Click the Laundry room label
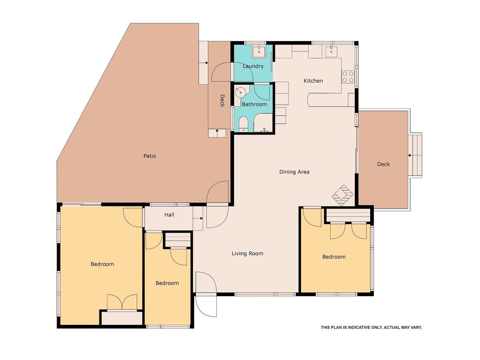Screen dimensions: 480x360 [253, 66]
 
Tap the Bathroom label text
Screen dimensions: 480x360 [254, 104]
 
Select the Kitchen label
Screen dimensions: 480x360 [313, 81]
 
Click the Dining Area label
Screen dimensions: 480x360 [294, 172]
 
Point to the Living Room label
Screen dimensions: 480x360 [247, 253]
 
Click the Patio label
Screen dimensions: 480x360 [150, 156]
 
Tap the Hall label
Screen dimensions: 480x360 [169, 215]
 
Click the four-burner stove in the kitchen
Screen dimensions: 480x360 [348, 76]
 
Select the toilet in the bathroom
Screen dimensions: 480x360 [244, 124]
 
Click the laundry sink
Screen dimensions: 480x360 [259, 51]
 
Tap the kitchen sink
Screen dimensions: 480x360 [331, 51]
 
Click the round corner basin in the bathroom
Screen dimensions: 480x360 [241, 91]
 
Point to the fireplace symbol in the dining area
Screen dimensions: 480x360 [343, 195]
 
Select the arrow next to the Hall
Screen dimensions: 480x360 [198, 218]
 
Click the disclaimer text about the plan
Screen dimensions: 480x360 [371, 328]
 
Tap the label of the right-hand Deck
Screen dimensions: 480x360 [383, 164]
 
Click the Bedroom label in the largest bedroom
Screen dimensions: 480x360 [102, 264]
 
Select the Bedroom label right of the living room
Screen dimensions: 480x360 [334, 257]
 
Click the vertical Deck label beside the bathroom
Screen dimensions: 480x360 [222, 101]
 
